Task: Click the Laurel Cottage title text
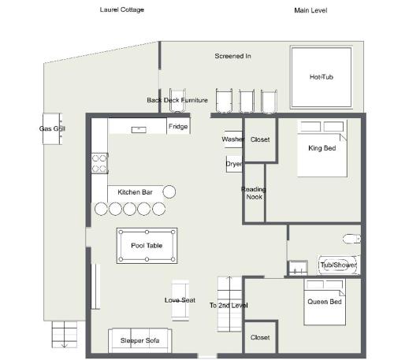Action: coord(122,10)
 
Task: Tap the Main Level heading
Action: coord(310,10)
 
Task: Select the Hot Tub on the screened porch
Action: coord(322,77)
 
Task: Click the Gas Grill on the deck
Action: coord(52,128)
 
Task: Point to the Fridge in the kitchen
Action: coord(178,126)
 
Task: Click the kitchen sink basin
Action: coord(139,130)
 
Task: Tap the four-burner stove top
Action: coord(99,163)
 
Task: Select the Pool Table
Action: coord(147,246)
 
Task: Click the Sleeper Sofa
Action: coord(140,340)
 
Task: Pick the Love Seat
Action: coord(180,300)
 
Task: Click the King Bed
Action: coord(322,148)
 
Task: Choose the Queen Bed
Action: coord(325,302)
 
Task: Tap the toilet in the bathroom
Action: coord(351,239)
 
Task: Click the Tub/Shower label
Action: coord(339,265)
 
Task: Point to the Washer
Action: coord(233,139)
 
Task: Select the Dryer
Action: coord(234,164)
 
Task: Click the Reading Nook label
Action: coord(254,193)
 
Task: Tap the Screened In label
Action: coord(232,56)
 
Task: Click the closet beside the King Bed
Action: coord(260,139)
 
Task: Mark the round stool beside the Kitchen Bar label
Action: coord(169,191)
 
